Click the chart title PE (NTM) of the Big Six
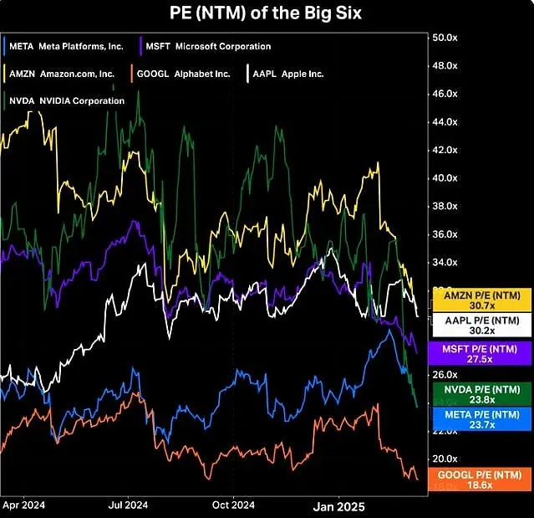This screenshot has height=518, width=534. point(267,13)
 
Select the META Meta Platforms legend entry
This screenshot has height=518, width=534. point(67,46)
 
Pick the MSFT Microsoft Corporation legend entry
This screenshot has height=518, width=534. point(207,46)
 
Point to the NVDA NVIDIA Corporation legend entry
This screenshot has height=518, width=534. point(67,101)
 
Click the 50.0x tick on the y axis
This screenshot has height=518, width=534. point(443,38)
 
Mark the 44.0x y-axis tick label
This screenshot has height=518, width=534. point(443,122)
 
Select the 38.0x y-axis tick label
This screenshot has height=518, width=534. point(443,206)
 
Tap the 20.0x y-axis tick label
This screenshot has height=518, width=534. point(443,459)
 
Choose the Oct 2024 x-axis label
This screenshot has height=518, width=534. point(233,505)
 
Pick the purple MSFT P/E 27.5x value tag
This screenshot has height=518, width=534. point(480,351)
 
